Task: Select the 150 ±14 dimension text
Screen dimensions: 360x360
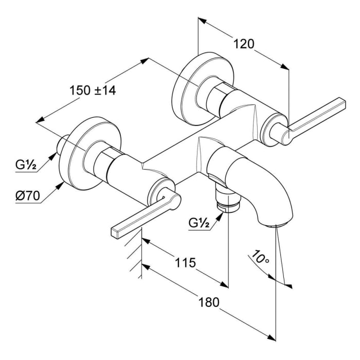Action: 93,90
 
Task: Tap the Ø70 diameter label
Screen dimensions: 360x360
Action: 27,196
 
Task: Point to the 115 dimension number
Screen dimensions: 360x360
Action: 185,263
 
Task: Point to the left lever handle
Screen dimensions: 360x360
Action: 139,216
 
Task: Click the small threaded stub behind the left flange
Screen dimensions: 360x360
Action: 63,143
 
